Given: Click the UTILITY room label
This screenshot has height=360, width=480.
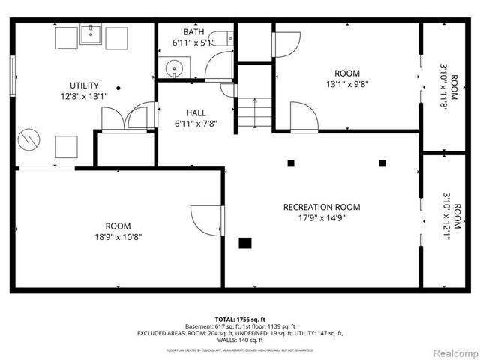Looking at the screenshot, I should [x=84, y=85].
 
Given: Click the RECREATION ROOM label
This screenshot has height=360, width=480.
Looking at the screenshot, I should [x=321, y=207].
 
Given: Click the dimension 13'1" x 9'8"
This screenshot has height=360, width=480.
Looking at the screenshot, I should [x=347, y=85].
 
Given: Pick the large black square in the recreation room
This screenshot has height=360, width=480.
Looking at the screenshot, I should [x=245, y=242].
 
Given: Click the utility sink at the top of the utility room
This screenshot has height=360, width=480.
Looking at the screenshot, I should [x=91, y=35].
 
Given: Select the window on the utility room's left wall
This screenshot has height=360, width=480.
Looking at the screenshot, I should [x=12, y=74].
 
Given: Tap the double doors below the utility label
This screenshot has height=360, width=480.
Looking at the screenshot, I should [x=124, y=118].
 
